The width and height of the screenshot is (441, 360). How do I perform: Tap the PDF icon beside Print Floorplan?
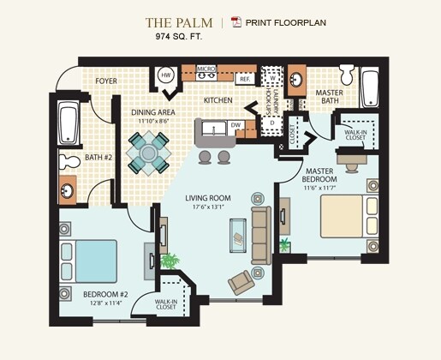(x=237, y=22)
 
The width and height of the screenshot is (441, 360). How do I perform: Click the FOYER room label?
(x=106, y=82)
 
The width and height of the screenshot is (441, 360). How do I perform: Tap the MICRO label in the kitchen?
(x=206, y=67)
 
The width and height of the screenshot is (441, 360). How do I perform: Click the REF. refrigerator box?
(x=244, y=79)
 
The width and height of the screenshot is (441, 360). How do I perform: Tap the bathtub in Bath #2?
(x=69, y=125)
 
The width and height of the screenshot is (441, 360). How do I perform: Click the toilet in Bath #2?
(x=69, y=162)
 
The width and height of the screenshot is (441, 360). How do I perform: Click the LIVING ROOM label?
(x=209, y=197)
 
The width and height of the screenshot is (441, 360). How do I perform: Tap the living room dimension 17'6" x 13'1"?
(x=209, y=207)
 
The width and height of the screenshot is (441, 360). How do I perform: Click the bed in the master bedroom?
(x=348, y=218)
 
